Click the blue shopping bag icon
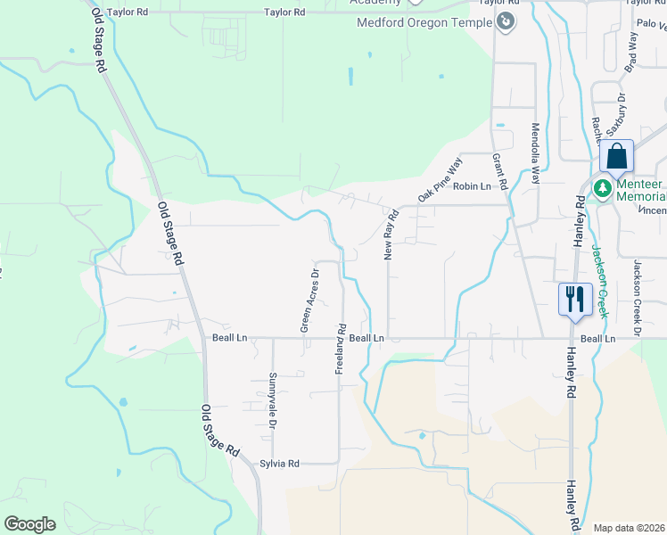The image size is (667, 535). [616, 157]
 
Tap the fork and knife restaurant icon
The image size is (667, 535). [574, 298]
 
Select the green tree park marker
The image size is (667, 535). [602, 189]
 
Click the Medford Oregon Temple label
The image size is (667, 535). [424, 22]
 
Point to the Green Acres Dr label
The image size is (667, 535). [309, 300]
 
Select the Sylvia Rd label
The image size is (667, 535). [280, 464]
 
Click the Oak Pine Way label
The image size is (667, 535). [441, 179]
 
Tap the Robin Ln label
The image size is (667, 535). [472, 186]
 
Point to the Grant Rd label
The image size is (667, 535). [499, 171]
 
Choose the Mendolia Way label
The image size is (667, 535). [536, 153]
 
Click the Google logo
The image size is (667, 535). [29, 524]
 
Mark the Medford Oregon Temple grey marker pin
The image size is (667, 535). [506, 21]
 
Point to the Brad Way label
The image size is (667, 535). [631, 53]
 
